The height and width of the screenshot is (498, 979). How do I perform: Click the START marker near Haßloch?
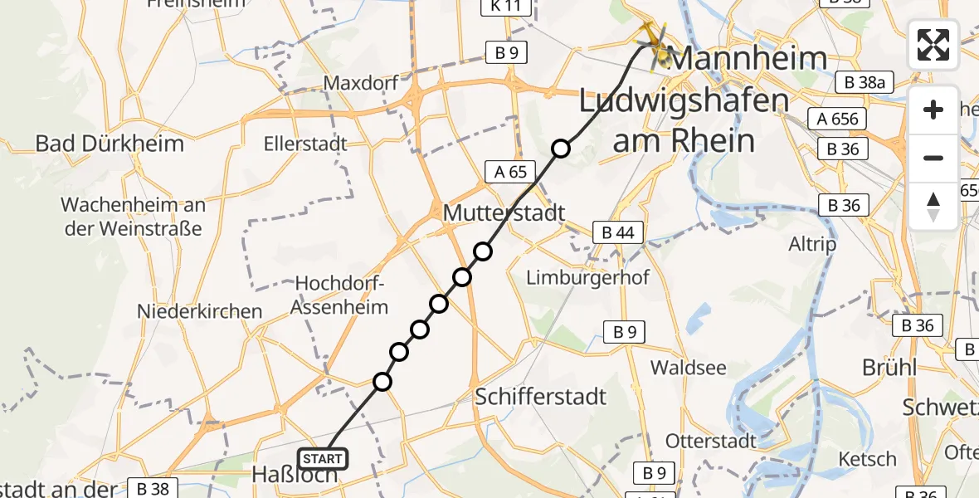(x=323, y=458)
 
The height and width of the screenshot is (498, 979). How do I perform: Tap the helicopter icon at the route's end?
(x=653, y=41)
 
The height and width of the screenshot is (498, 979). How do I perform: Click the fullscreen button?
(x=933, y=45)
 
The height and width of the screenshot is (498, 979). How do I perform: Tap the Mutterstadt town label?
(x=504, y=212)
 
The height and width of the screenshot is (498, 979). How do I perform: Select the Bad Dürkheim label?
(x=110, y=143)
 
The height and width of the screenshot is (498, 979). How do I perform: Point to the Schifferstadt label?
(x=541, y=396)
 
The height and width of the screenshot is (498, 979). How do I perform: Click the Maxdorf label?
(x=362, y=83)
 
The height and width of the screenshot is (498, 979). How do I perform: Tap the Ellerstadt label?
(x=305, y=144)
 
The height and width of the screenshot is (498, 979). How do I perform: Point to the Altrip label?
(x=812, y=245)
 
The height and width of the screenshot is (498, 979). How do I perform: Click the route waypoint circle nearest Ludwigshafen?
(x=561, y=149)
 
